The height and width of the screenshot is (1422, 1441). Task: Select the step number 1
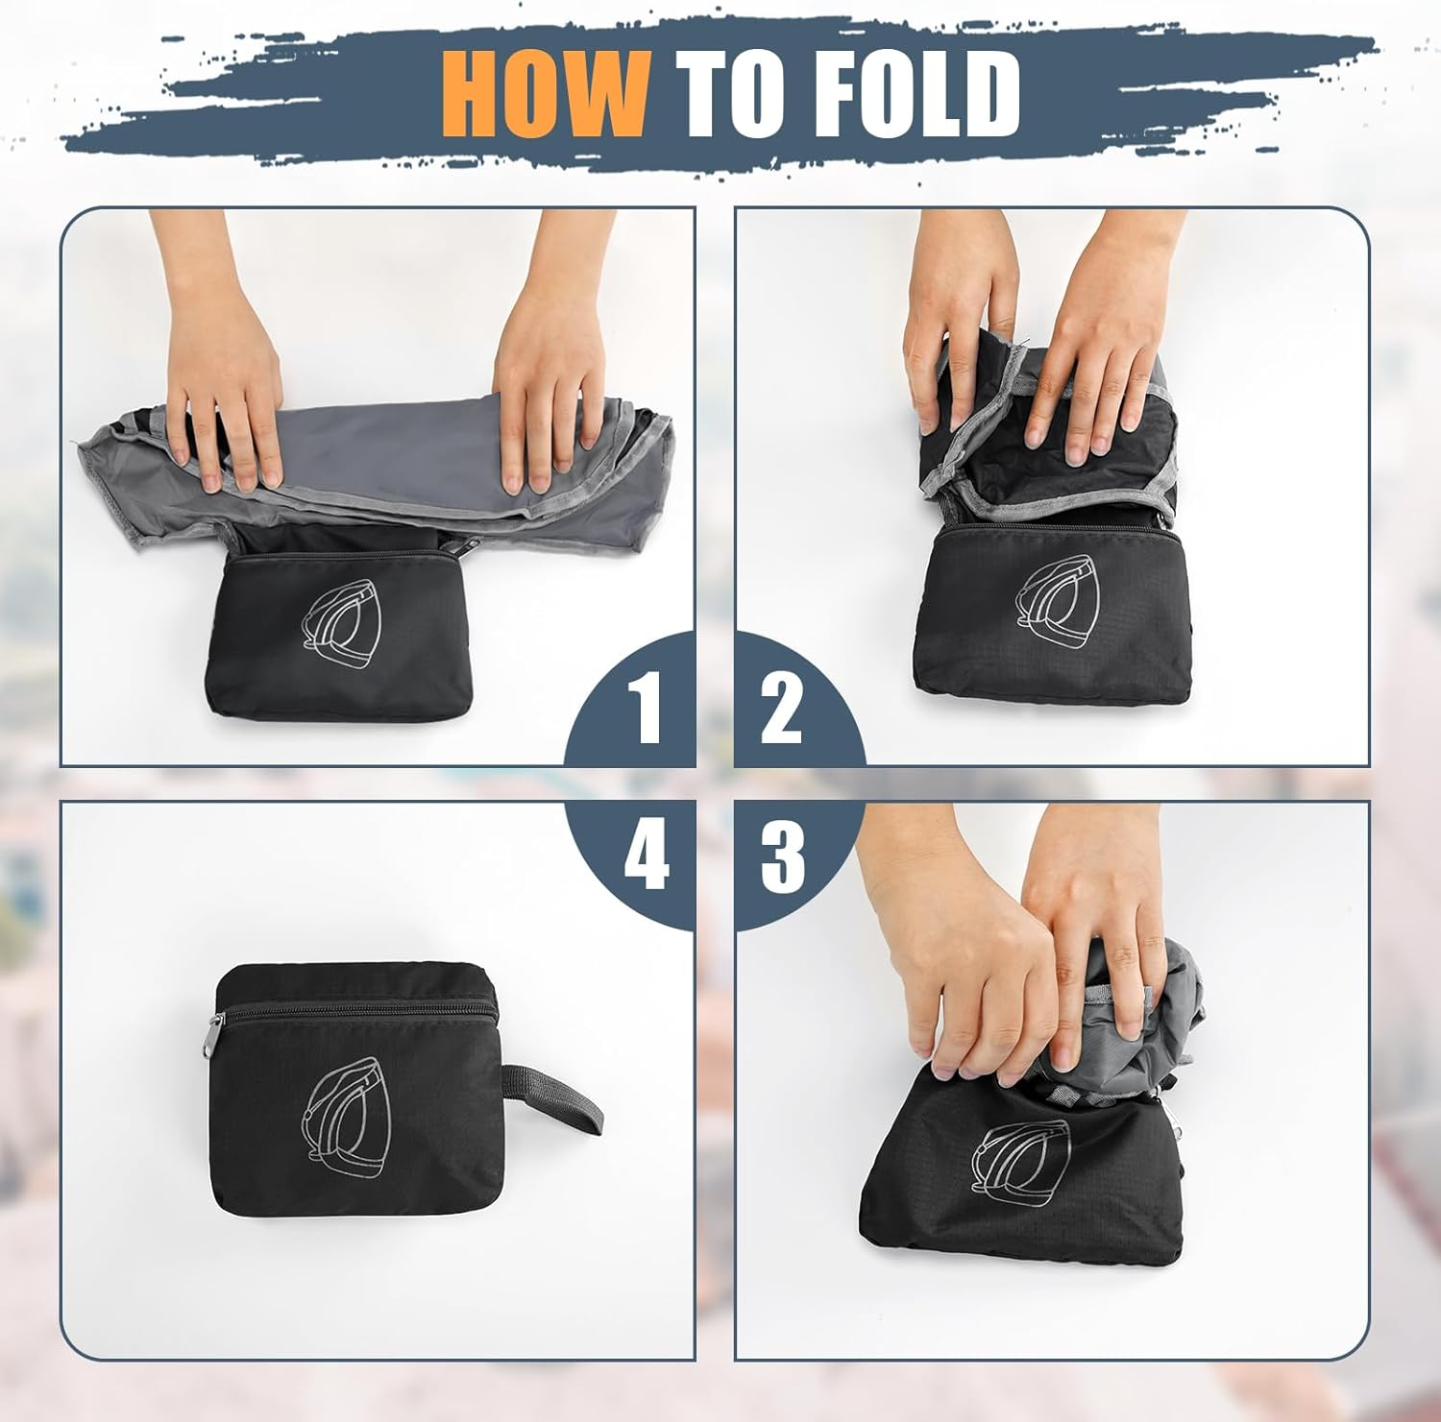pyautogui.click(x=645, y=709)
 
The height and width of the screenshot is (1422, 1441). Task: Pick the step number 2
pyautogui.click(x=781, y=709)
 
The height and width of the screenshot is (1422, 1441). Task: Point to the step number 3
pyautogui.click(x=783, y=856)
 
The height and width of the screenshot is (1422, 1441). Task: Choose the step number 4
pyautogui.click(x=646, y=856)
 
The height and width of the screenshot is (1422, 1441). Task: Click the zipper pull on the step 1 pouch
pyautogui.click(x=467, y=546)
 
